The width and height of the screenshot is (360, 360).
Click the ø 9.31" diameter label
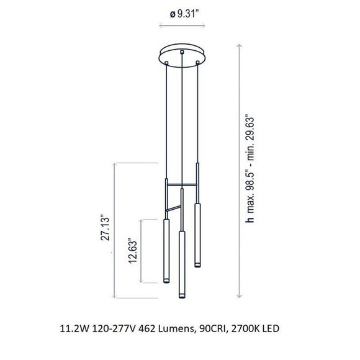[184, 14]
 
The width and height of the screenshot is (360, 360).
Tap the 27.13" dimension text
[105, 228]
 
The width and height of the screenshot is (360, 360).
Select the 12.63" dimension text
[133, 251]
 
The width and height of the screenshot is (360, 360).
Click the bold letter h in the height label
[250, 220]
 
